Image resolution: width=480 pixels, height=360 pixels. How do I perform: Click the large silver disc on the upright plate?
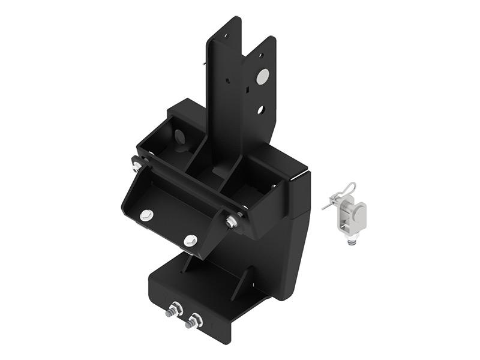[x=262, y=76]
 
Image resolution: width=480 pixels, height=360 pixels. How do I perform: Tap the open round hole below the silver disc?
[x=260, y=110]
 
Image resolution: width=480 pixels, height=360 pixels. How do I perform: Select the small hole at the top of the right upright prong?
[x=261, y=56]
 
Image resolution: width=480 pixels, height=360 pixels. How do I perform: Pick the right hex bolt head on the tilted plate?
[x=190, y=241]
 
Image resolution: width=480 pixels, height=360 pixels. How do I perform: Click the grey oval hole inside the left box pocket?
[x=179, y=136]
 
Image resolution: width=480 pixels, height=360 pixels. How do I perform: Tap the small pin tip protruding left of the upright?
[x=206, y=60]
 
